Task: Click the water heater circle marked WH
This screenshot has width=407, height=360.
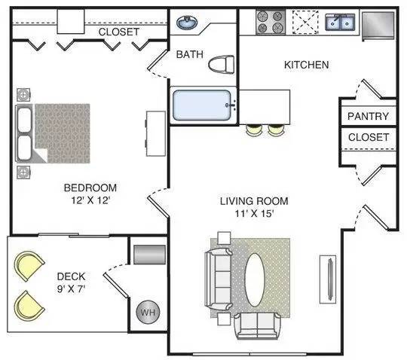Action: (x=148, y=312)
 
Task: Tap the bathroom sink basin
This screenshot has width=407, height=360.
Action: (x=187, y=22)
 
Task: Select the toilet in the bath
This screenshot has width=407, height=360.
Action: (x=221, y=64)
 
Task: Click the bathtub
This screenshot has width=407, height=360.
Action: (x=202, y=105)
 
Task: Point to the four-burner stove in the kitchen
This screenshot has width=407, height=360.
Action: (x=271, y=22)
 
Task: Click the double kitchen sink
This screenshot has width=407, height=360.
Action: (x=340, y=22)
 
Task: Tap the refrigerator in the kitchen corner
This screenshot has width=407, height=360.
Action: (x=378, y=26)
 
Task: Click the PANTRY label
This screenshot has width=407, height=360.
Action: (x=368, y=116)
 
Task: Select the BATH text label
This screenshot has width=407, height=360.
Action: (x=190, y=54)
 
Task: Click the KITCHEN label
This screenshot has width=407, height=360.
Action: (x=307, y=65)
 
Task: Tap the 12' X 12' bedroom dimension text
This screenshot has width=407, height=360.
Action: (x=91, y=200)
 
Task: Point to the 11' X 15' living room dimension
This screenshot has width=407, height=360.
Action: (x=255, y=213)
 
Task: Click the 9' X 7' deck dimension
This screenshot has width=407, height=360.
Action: (x=71, y=288)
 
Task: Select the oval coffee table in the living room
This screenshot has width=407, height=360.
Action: (x=255, y=280)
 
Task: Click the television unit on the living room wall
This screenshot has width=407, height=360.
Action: (x=328, y=279)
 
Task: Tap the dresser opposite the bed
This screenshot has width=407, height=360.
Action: (x=156, y=133)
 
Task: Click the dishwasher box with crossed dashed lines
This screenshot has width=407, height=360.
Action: (x=305, y=22)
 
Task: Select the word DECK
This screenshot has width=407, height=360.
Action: (x=71, y=276)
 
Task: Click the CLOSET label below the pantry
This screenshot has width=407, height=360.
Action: (x=369, y=137)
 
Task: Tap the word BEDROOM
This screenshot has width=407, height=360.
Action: (x=90, y=188)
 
